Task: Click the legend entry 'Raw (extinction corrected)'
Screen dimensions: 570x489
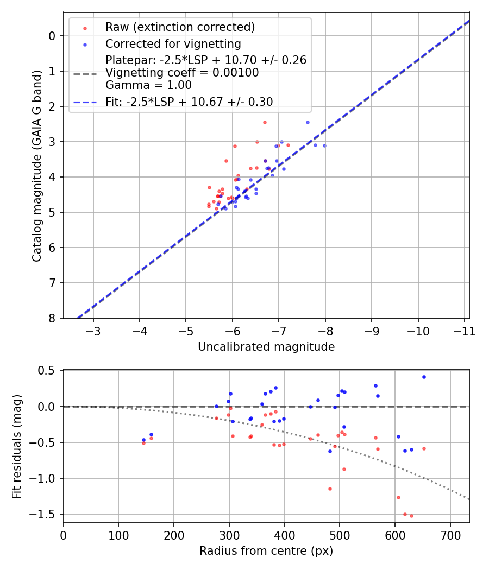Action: pos(180,27)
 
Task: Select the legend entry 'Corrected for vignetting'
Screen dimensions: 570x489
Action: pos(173,44)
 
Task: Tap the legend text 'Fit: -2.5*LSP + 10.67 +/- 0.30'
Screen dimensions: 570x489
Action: pos(189,102)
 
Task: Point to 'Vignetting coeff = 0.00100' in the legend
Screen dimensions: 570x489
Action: pos(182,73)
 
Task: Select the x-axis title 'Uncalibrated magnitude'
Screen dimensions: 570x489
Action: pos(266,346)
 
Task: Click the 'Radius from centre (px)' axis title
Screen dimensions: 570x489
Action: pos(266,551)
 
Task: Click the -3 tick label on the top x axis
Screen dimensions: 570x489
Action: pos(93,330)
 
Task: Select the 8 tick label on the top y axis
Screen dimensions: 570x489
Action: pos(52,318)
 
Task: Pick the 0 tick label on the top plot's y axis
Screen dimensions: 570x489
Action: pos(52,36)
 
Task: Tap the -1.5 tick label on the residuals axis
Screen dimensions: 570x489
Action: pos(46,514)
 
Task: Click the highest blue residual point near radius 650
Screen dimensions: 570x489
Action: pos(424,377)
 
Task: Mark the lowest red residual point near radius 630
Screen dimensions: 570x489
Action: pos(411,516)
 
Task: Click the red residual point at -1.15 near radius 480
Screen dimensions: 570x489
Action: pos(330,489)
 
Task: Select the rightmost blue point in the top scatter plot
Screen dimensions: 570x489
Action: pos(324,145)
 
